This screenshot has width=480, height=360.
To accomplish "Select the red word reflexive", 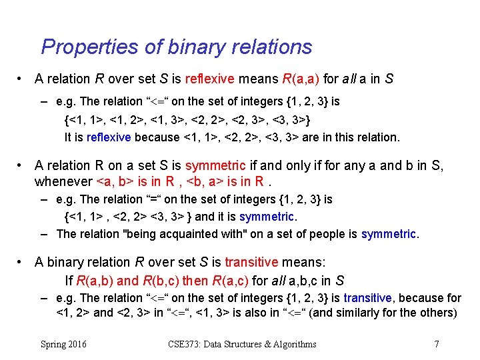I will tap(206, 79).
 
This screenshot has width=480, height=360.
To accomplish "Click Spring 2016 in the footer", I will tap(63, 344).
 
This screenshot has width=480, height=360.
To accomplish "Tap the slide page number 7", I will tap(436, 344).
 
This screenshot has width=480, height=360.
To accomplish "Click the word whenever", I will tap(63, 181).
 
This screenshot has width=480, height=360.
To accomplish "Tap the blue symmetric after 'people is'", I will tap(388, 233).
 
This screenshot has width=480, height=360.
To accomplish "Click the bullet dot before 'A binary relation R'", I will tap(23, 262).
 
